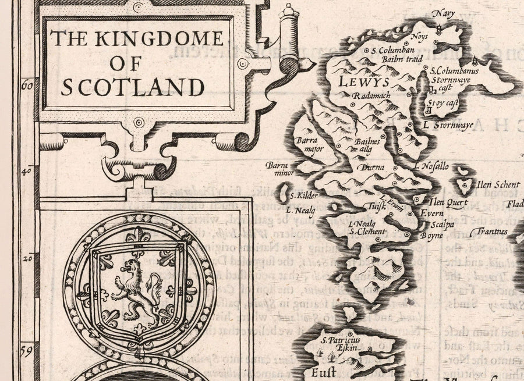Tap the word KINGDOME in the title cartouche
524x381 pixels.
[x=157, y=38]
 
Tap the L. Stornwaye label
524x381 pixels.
[x=448, y=124]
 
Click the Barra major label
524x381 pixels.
[x=306, y=144]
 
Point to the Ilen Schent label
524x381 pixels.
[x=498, y=185]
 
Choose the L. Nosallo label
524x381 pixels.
[x=431, y=166]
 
